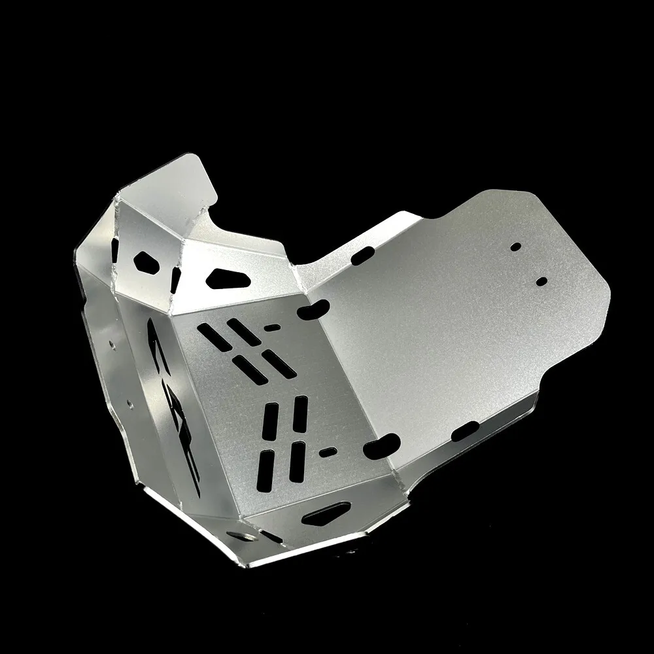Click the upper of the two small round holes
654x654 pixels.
pyautogui.click(x=516, y=247)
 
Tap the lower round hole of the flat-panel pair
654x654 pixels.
pyautogui.click(x=542, y=281)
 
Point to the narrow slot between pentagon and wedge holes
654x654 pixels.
pyautogui.click(x=175, y=279)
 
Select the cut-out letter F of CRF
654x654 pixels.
pyautogui.click(x=190, y=458)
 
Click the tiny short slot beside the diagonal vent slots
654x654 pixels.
pyautogui.click(x=272, y=327)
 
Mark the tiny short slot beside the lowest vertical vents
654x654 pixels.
pyautogui.click(x=328, y=451)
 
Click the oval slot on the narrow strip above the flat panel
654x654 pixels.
pyautogui.click(x=362, y=257)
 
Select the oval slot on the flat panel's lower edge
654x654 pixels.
pyautogui.click(x=466, y=430)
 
